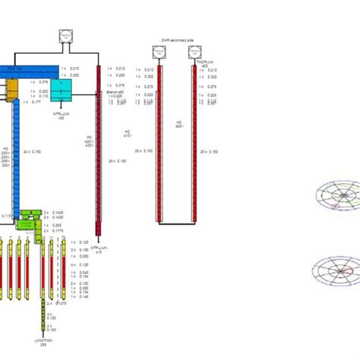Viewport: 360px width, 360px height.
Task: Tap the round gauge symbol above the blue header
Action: [65, 36]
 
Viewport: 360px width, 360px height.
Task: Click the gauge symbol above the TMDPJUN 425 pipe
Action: [201, 52]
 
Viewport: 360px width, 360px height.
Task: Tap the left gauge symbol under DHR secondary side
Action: [158, 52]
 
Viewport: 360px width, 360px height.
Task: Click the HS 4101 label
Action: [128, 134]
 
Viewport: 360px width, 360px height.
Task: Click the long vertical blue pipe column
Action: [15, 159]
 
